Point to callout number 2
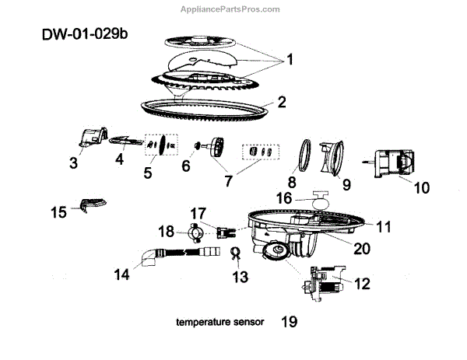282,102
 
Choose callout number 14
120,273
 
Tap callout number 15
59,211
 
